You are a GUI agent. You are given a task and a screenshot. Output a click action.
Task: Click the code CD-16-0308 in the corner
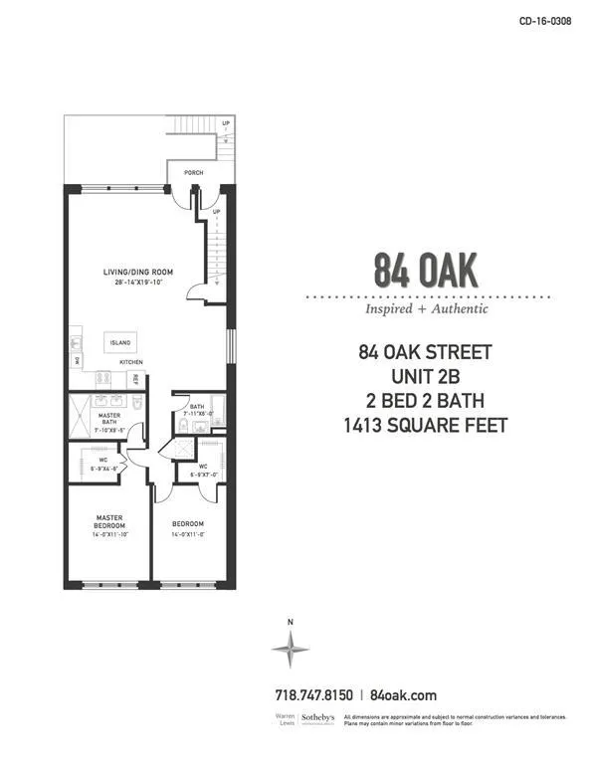pos(544,21)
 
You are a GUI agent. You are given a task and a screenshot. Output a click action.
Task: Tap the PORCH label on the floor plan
pos(193,173)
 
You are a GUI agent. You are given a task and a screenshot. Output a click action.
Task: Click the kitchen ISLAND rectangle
pos(120,342)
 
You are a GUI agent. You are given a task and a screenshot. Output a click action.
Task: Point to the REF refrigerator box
pos(135,378)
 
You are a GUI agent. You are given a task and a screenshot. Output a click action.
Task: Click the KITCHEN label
pos(132,362)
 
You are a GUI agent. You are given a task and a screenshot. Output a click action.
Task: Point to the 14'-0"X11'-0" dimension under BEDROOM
pos(187,535)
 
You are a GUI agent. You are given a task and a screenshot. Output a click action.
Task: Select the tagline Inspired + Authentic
pos(427,308)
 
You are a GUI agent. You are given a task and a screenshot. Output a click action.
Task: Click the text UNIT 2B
pos(426,376)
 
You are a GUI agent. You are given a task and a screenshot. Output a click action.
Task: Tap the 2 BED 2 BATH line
pos(426,401)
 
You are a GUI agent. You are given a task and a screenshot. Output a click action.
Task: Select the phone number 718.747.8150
pos(313,696)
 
